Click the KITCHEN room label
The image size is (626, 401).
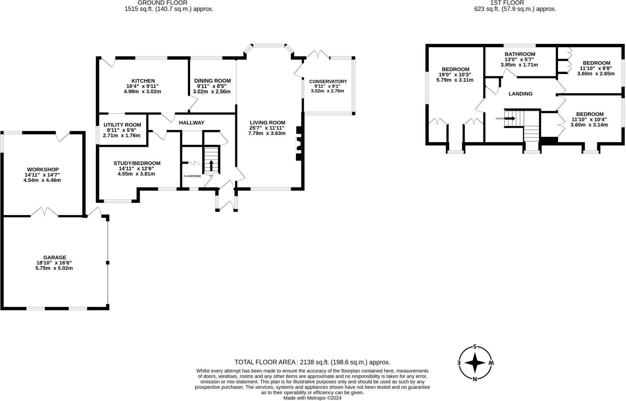143,81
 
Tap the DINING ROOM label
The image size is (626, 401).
212,81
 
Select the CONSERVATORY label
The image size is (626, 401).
328,81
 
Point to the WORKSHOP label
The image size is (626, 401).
43,170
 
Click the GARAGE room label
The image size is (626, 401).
54,258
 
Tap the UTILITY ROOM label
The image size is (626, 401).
122,125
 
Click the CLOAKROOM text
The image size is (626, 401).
192,176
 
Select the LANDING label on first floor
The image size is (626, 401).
520,94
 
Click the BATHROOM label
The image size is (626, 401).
520,54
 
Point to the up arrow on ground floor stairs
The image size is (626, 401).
211,166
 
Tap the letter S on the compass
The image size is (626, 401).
475,347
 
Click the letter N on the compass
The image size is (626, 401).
475,379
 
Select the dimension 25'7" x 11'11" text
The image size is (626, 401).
267,128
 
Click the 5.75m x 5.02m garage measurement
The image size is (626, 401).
54,268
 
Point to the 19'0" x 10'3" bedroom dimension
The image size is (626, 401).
455,75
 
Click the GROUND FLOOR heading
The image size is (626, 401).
162,3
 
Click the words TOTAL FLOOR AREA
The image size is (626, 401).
265,362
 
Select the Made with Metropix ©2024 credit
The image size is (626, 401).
312,398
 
